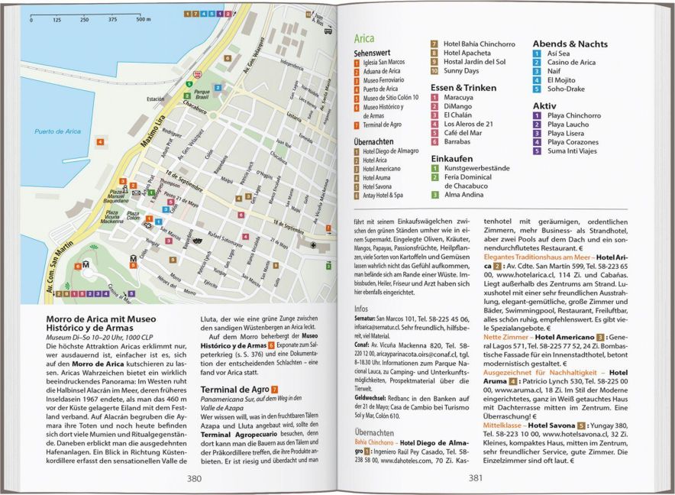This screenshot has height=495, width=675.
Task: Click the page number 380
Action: (194, 478)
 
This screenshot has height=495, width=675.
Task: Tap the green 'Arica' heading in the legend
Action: (364, 37)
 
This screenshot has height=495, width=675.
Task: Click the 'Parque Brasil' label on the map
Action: (202, 94)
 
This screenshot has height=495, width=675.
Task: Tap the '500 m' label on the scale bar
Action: (144, 19)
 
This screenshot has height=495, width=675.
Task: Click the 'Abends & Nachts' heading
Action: (570, 44)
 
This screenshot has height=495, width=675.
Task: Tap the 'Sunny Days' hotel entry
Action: (461, 71)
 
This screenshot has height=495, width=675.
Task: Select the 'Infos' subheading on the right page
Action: (361, 309)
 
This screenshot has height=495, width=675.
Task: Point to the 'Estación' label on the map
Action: (156, 99)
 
